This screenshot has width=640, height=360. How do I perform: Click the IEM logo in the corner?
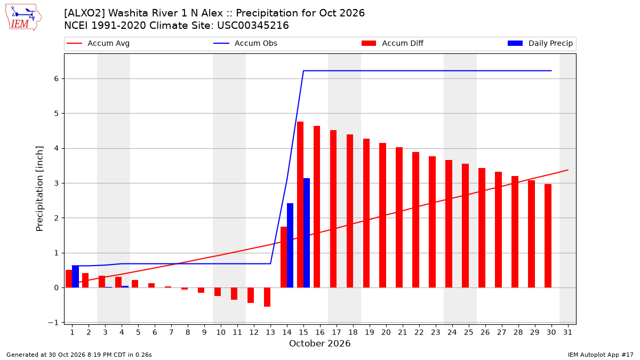23,18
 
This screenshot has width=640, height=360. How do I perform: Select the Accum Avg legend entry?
98,43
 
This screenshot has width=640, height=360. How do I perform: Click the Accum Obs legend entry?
245,43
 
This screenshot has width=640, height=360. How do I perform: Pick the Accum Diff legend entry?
393,43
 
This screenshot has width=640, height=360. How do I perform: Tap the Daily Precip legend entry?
540,43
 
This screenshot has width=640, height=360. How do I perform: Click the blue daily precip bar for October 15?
307,233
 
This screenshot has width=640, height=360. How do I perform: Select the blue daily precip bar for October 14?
290,245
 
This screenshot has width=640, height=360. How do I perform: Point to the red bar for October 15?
300,205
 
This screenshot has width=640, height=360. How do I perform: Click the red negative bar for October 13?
267,297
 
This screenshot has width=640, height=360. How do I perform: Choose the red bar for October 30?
548,236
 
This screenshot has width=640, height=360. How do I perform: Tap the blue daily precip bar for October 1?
75,277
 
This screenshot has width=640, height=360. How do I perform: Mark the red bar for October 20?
382,215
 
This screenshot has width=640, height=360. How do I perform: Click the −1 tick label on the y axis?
53,323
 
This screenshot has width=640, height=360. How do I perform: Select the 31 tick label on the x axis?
567,332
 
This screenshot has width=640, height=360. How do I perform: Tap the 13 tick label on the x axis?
270,332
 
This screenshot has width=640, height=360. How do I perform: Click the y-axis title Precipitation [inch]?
39,189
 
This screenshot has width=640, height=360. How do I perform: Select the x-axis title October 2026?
319,343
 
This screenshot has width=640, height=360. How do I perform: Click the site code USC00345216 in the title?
253,26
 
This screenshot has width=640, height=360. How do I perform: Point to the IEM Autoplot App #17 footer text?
601,355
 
